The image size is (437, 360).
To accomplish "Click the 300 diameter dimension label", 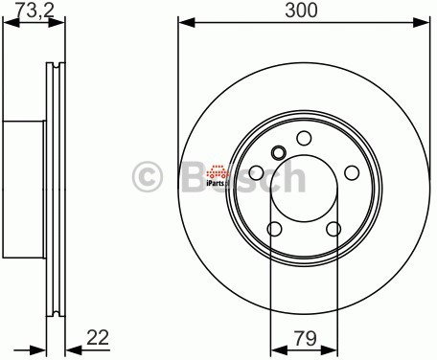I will click(x=303, y=11).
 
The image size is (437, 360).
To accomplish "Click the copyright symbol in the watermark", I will click(x=148, y=178).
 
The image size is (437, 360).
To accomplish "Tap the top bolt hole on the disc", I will click(x=304, y=137).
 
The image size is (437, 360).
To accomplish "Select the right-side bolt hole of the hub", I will click(x=351, y=172).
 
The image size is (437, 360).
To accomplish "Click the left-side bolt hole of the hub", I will click(x=257, y=172).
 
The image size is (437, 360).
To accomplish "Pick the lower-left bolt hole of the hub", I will click(x=274, y=229).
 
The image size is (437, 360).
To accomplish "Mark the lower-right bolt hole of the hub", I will click(x=333, y=229).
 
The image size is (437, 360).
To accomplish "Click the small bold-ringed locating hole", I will click(x=279, y=152).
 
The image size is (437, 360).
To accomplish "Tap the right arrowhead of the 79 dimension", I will click(x=333, y=347).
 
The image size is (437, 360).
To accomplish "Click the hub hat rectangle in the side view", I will click(x=24, y=178).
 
